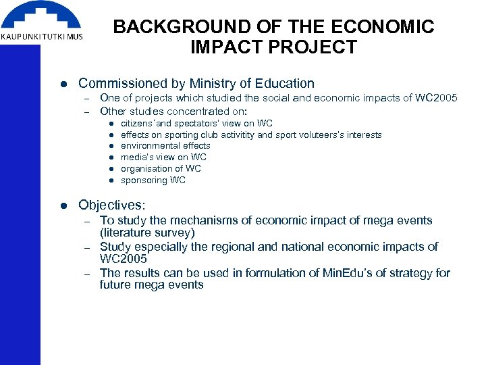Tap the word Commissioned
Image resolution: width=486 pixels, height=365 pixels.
click(117, 84)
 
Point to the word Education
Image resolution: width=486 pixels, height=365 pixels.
click(283, 84)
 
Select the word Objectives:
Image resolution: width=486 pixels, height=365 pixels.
click(112, 205)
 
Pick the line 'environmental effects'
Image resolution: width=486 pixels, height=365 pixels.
click(165, 146)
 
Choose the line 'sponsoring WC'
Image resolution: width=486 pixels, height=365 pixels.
click(153, 180)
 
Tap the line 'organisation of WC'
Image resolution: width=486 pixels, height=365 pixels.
click(161, 169)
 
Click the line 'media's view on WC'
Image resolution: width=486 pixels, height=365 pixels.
click(163, 157)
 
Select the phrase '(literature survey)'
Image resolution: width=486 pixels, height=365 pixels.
click(147, 233)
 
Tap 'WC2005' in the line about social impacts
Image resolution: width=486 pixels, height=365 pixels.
click(436, 99)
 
